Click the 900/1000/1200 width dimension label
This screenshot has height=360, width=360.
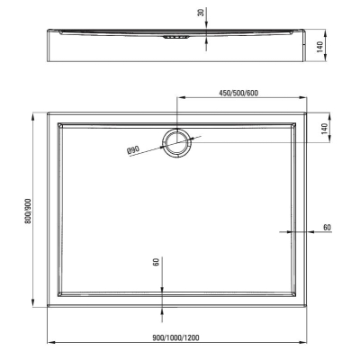click(175, 338)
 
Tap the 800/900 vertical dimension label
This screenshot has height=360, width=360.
click(28, 211)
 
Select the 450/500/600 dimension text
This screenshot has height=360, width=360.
click(238, 93)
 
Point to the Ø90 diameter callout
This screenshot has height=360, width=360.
click(133, 150)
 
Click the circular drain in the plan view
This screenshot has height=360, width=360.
click(177, 142)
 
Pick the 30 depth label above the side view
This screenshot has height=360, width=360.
click(202, 13)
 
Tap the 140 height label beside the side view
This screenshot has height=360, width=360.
click(320, 47)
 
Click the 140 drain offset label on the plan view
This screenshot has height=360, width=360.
click(324, 129)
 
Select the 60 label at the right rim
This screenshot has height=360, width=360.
click(327, 228)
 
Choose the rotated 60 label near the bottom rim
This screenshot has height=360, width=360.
click(156, 262)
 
